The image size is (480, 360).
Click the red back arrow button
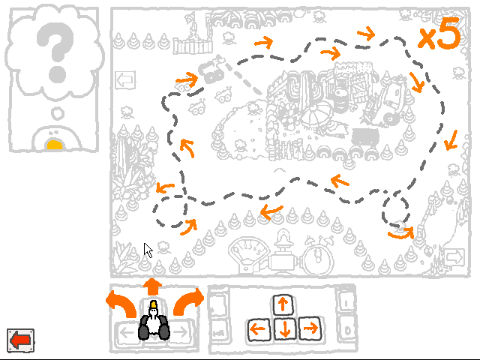click(x=20, y=340)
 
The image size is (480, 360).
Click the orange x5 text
click(x=439, y=34)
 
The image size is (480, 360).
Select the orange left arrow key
click(x=258, y=329)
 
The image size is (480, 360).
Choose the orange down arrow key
click(x=285, y=328)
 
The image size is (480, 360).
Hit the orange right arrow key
click(x=310, y=328)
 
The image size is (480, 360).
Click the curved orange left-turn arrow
click(x=121, y=304)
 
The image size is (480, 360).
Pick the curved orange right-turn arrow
click(x=188, y=301)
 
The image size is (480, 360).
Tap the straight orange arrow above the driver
click(x=152, y=286)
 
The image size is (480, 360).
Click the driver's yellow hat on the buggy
click(x=153, y=304)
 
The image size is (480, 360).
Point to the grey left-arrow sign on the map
click(x=125, y=80)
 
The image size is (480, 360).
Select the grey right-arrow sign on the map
click(x=454, y=256)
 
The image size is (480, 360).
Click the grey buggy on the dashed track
click(x=212, y=70)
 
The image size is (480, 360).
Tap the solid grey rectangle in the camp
click(x=365, y=136)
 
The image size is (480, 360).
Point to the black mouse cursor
click(x=148, y=250)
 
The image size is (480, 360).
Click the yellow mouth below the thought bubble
click(x=55, y=145)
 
